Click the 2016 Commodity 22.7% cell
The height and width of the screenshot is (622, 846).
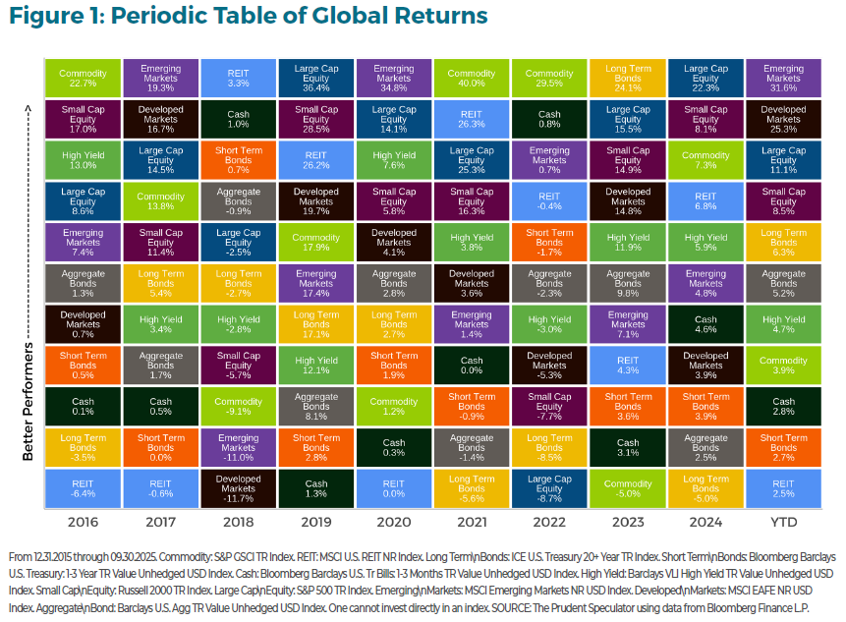[x=83, y=78]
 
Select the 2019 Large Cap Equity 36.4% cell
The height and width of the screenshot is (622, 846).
[x=316, y=78]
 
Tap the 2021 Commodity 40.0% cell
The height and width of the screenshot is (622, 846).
[x=472, y=78]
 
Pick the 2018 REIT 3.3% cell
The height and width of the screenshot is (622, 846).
[x=239, y=78]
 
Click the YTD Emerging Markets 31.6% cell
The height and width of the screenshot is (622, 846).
[x=783, y=78]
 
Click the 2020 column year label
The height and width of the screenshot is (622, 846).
[x=394, y=522]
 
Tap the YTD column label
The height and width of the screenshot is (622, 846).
[x=783, y=522]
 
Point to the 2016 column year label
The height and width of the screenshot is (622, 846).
[x=83, y=522]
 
